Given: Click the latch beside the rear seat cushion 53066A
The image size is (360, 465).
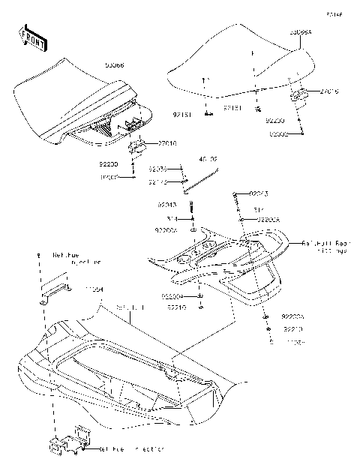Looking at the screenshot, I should pyautogui.click(x=301, y=94).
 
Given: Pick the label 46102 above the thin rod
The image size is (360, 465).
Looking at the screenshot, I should pyautogui.click(x=208, y=160).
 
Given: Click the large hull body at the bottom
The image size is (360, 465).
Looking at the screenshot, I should pyautogui.click(x=112, y=375).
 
